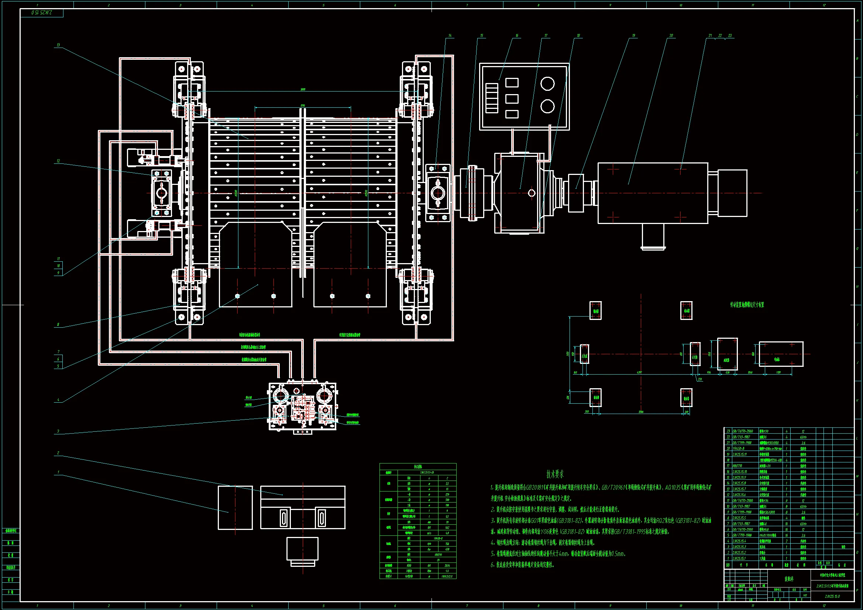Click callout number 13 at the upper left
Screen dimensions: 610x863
coord(58,45)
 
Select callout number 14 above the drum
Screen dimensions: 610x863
coord(450,36)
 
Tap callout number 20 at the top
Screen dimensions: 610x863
coord(671,36)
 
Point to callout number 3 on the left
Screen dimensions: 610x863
coord(58,431)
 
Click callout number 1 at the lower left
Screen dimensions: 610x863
coord(58,472)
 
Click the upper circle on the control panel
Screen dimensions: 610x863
coord(547,83)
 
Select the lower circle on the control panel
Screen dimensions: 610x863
coord(547,106)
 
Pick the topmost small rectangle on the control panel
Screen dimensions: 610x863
coord(512,83)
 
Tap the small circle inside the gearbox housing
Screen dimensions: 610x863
coord(532,193)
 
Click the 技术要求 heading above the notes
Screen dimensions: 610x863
coord(555,474)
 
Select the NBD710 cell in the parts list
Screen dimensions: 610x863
coord(737,466)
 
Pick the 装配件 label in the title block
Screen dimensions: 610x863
coord(789,579)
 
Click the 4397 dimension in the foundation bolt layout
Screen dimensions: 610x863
coord(639,372)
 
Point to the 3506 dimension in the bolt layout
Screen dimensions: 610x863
coord(641,412)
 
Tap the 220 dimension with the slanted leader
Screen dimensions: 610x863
coord(700,379)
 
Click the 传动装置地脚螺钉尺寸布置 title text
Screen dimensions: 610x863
coord(747,305)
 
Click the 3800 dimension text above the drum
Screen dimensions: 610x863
coord(303,89)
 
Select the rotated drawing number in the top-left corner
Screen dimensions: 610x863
coord(42,13)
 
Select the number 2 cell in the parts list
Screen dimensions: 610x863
coord(728,552)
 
